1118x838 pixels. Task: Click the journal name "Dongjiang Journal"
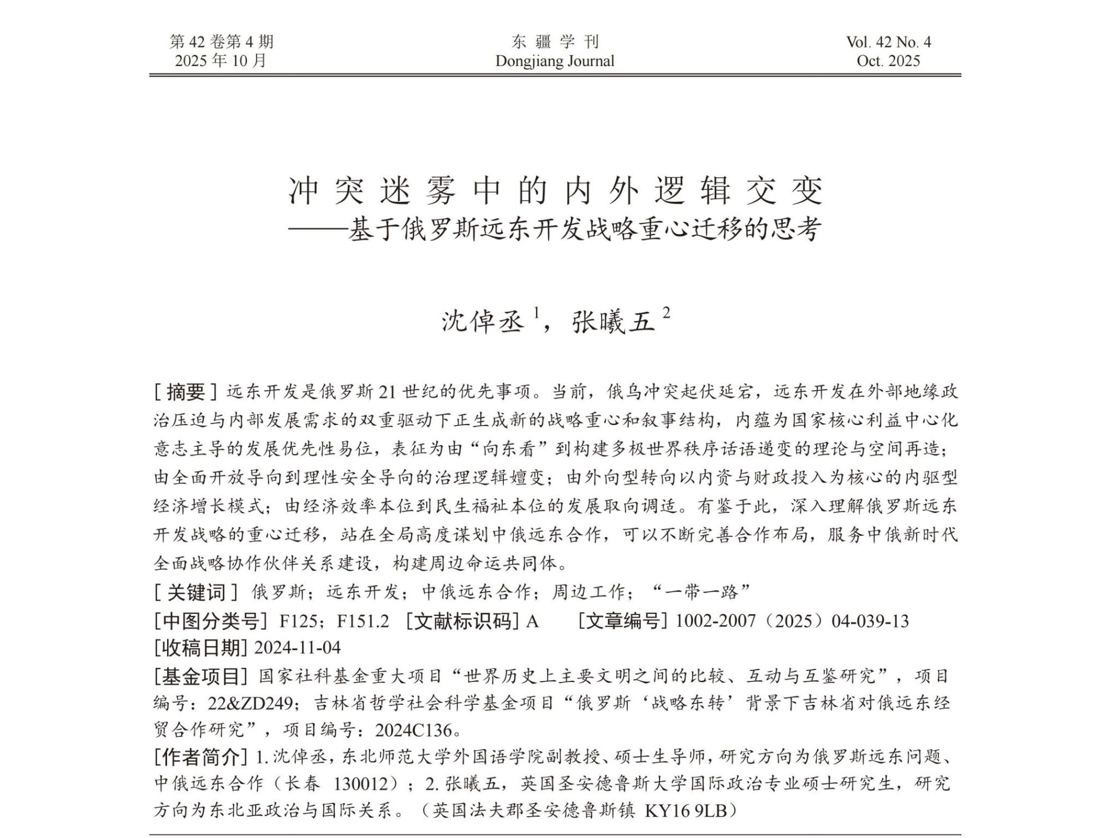pos(555,61)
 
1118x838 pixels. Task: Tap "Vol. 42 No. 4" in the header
pos(888,42)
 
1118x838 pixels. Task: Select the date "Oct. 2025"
pos(888,61)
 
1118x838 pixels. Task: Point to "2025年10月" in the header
pos(221,61)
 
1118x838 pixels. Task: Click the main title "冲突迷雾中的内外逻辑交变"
pos(555,191)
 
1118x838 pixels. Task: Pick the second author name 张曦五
pos(612,321)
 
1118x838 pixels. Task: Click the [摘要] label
pos(186,392)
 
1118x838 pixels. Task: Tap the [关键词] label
pos(196,592)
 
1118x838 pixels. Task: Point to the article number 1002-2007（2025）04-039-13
pos(792,621)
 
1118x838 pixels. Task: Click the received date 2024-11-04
pos(298,648)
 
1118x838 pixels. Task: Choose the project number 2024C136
pos(413,730)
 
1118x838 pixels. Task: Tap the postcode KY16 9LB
pos(686,811)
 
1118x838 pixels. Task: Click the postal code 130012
pos(364,784)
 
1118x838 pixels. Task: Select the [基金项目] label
pos(198,677)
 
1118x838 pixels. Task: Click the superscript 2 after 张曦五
pos(665,313)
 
